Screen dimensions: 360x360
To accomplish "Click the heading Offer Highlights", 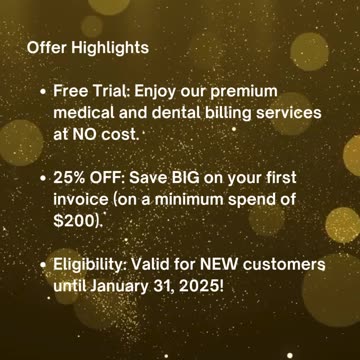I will pyautogui.click(x=87, y=47).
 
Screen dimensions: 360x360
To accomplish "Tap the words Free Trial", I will pyautogui.click(x=90, y=92).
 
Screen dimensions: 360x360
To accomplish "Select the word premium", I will pyautogui.click(x=240, y=92).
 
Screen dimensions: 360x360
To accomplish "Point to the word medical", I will pyautogui.click(x=85, y=113).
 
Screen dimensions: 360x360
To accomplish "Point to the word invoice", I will pyautogui.click(x=83, y=200).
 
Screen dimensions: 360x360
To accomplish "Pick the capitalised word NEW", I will pyautogui.click(x=216, y=265).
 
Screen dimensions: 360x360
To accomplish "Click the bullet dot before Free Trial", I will pyautogui.click(x=40, y=92).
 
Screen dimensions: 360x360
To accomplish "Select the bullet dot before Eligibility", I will pyautogui.click(x=40, y=265).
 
